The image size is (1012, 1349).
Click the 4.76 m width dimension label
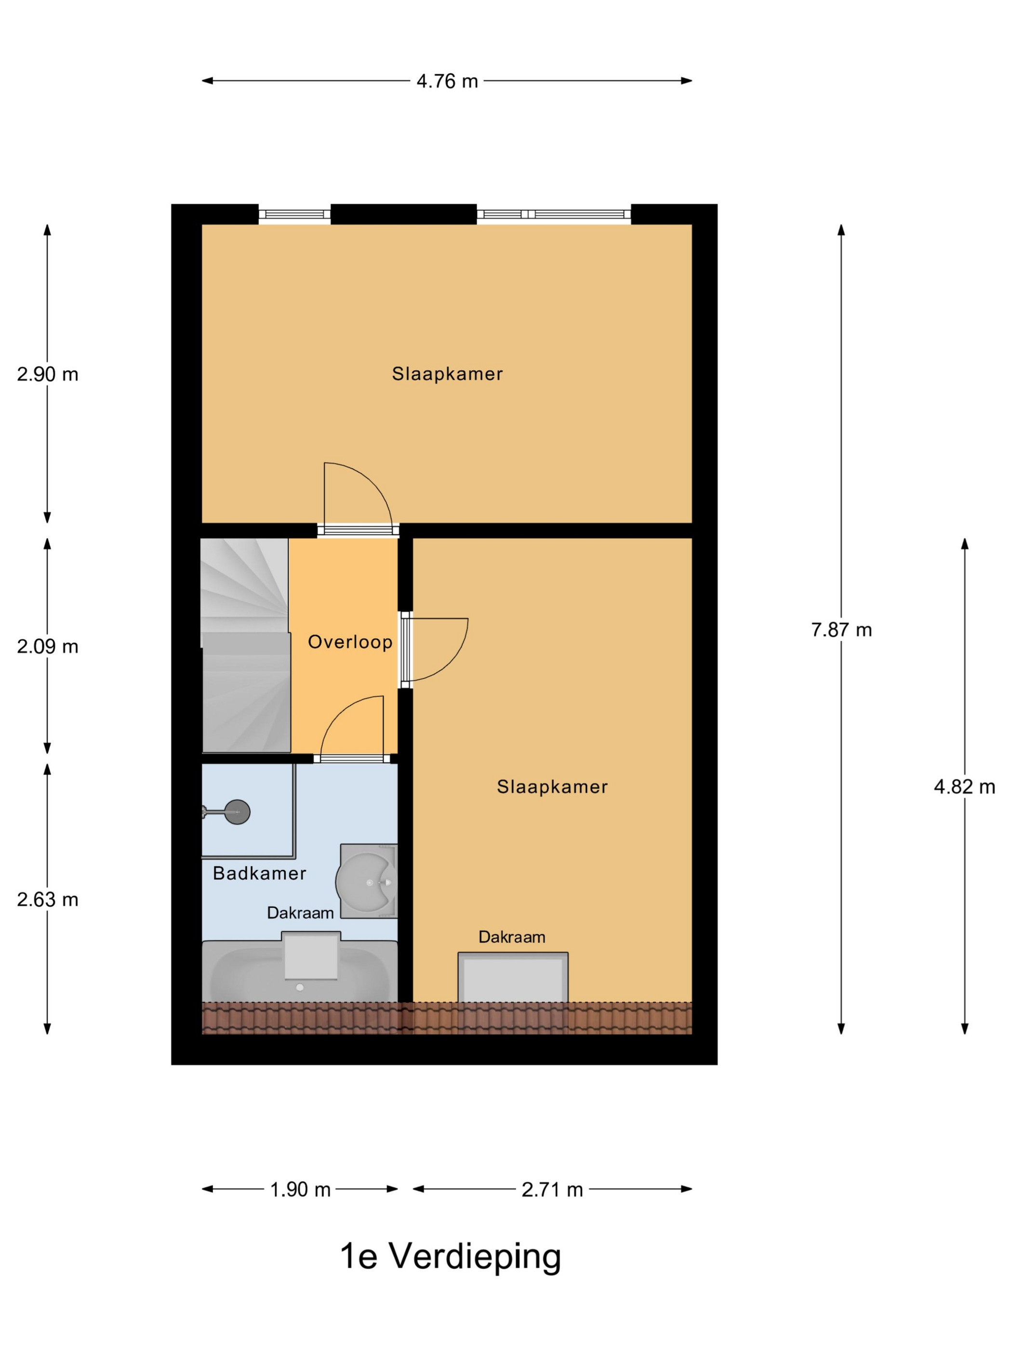point(447,81)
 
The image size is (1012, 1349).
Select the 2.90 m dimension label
point(48,374)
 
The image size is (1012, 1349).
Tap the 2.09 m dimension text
point(48,647)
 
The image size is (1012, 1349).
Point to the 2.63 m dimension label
point(48,899)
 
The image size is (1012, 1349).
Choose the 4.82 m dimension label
point(964,787)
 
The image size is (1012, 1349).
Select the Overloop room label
point(350,642)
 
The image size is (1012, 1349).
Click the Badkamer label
point(259,873)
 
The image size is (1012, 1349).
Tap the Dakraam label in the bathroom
point(300,913)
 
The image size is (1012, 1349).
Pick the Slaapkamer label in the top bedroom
point(447,374)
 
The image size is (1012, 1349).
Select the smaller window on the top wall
point(294,214)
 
